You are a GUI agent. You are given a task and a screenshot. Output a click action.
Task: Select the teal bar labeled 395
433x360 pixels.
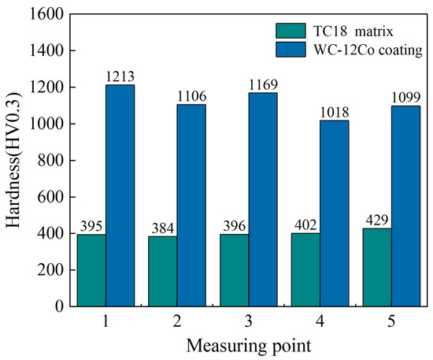point(91,270)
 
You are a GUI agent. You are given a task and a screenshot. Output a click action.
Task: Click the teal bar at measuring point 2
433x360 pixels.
point(163,271)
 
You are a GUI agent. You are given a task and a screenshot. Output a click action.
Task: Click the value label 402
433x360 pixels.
point(305,225)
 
